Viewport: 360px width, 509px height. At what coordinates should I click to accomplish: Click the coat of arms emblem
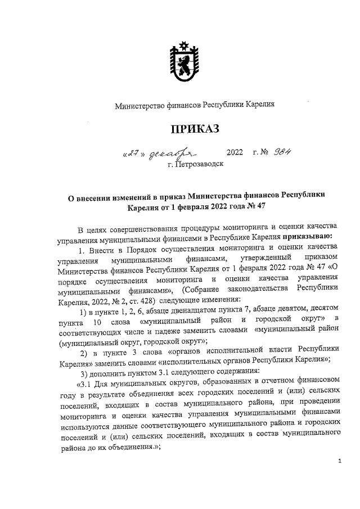pos(181,61)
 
